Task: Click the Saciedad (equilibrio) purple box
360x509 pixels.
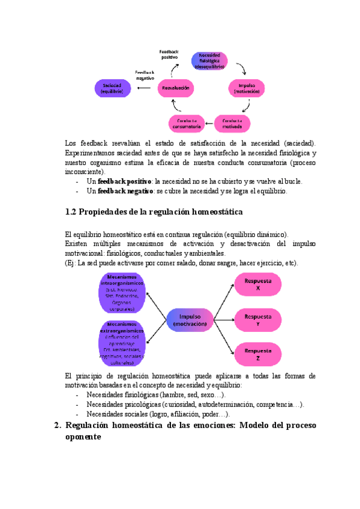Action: coord(112,88)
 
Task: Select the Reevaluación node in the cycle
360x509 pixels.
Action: coord(176,88)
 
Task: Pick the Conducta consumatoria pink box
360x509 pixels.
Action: coord(187,123)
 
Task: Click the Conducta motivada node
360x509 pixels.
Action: coord(232,123)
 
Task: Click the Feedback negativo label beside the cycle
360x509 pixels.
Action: coord(145,74)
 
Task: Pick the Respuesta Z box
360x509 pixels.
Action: coord(257,354)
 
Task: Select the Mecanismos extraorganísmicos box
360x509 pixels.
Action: coord(122,342)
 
